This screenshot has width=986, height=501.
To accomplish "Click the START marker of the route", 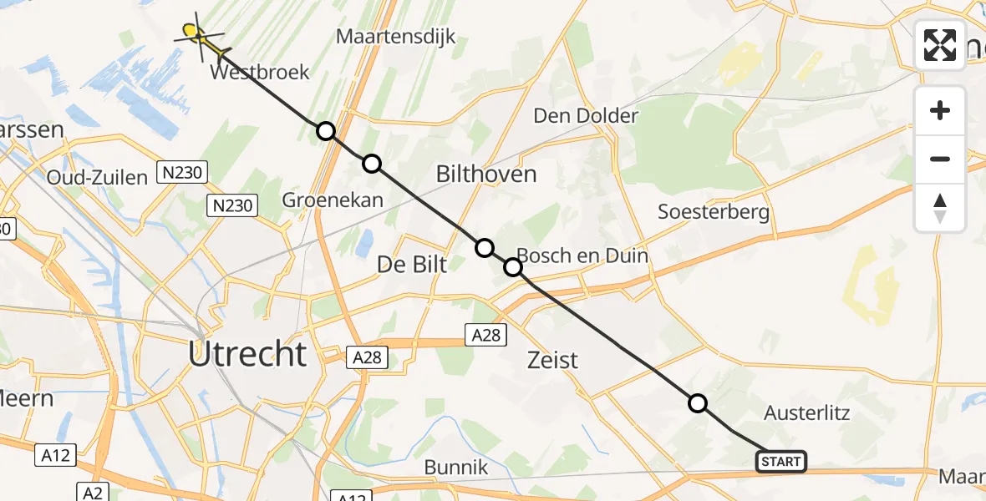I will (x=781, y=461).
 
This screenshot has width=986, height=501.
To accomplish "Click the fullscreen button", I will (x=940, y=44).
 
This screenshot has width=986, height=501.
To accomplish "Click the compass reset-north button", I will (x=940, y=208).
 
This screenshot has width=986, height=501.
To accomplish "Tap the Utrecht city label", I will (x=247, y=355).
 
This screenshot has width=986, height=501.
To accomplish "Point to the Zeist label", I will (x=553, y=360).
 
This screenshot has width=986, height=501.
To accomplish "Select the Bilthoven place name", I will (x=486, y=175).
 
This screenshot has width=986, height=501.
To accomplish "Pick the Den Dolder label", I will (x=586, y=116).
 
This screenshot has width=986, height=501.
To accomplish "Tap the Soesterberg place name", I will (x=714, y=211).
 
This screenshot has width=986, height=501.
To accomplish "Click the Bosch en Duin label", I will (x=583, y=256).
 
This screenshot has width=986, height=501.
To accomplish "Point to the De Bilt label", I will (x=412, y=265).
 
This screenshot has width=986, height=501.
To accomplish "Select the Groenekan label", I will (x=333, y=200).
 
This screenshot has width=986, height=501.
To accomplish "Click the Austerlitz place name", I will (x=807, y=412).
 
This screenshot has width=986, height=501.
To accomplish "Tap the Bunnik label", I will (x=455, y=468).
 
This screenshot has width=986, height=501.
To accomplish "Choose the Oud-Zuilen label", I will (x=98, y=177).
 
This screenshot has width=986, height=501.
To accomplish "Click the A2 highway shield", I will (x=92, y=492).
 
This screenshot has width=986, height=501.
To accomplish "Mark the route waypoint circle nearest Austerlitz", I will (x=698, y=404).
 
